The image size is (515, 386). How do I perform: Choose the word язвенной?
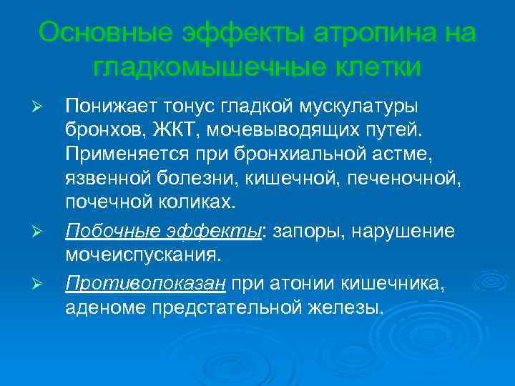coord(104,177)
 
